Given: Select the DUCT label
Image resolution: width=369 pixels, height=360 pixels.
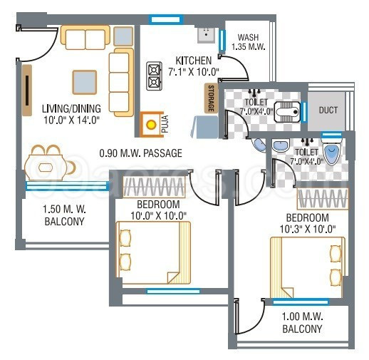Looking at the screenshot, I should point(328,110).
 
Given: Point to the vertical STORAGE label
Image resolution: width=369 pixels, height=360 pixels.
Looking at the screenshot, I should point(211,99).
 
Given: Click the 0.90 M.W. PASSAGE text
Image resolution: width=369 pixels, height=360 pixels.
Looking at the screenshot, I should point(140,153).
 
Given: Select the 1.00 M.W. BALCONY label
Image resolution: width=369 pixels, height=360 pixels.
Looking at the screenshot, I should point(302,323).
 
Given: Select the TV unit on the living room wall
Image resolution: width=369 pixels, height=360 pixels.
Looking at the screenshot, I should point(27,90).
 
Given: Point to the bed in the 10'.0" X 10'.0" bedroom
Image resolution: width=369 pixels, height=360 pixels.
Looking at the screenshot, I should point(154,250).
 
